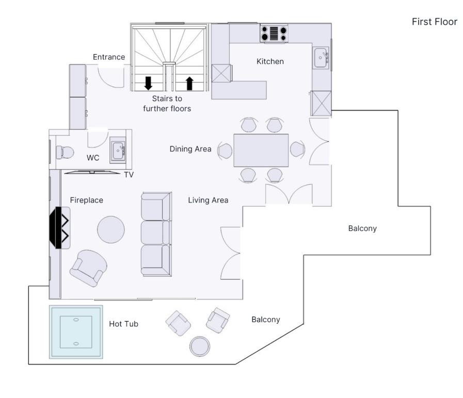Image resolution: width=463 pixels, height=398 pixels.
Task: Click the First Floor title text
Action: (x=435, y=22)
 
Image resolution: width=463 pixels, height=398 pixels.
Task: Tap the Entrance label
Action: (x=109, y=57)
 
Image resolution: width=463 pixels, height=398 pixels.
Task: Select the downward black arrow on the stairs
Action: (x=148, y=83)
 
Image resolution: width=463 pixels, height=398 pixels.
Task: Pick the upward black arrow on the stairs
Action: (x=189, y=83)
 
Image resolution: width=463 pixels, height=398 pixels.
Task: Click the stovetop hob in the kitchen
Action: (x=274, y=34)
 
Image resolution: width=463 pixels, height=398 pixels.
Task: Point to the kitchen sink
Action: (x=321, y=58)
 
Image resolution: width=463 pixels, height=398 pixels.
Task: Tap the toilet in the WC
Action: (x=65, y=152)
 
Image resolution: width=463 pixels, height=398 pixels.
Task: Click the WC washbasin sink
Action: (x=118, y=150)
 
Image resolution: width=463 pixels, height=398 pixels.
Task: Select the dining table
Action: (x=261, y=150)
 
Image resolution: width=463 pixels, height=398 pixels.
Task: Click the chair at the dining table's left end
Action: (x=225, y=151)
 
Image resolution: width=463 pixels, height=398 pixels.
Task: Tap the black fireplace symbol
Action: (x=59, y=227)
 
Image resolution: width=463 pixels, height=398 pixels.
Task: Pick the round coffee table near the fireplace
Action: (x=111, y=229)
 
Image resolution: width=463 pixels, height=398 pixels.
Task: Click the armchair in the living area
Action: (x=88, y=268)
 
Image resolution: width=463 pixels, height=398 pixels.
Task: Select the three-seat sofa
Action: (x=156, y=234)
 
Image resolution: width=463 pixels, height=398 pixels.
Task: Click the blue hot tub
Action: (x=76, y=332)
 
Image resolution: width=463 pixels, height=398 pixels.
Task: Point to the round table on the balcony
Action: (x=200, y=346)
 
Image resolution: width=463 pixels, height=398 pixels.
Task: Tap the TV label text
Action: (x=129, y=175)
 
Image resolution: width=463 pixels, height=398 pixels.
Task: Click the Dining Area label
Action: (x=190, y=149)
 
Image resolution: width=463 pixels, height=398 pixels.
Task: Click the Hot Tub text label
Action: (x=123, y=324)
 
